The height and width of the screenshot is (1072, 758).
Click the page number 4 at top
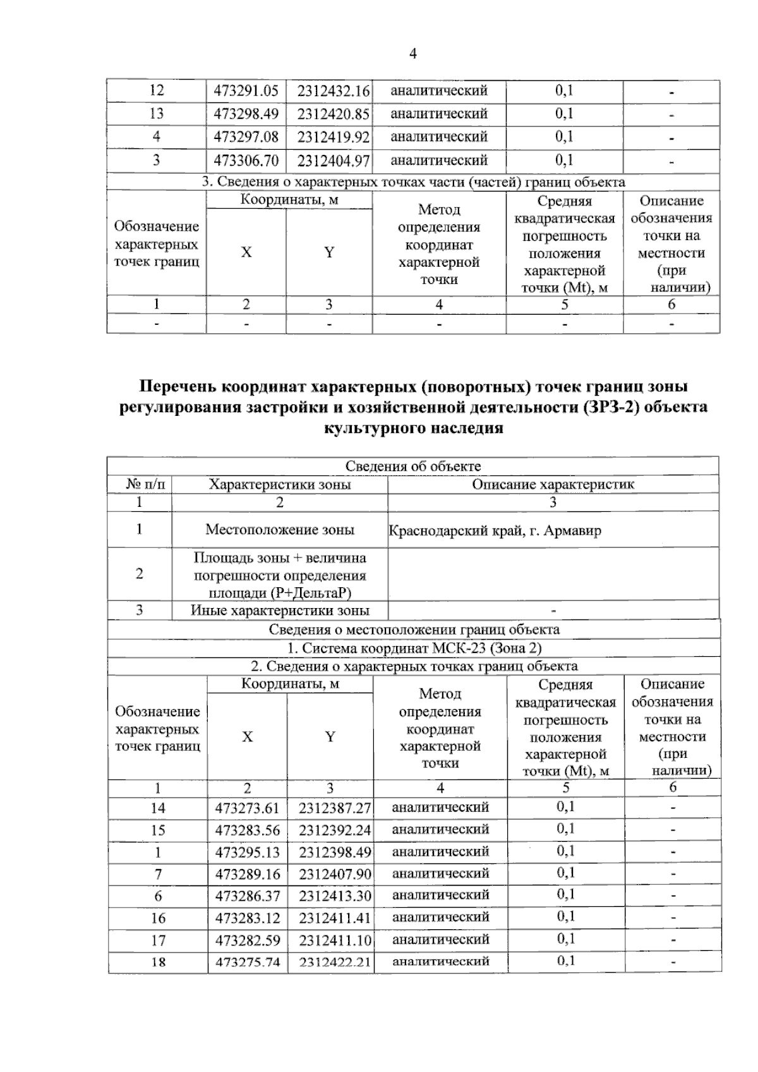[x=413, y=54]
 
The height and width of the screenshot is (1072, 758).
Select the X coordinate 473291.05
[x=246, y=91]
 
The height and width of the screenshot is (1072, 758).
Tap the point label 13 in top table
[x=156, y=114]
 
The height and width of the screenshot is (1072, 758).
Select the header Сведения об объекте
[x=413, y=466]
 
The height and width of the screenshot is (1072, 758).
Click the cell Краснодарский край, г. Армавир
[x=495, y=530]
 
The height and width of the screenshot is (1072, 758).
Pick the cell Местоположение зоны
[x=280, y=530]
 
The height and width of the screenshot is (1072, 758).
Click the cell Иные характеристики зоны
[x=280, y=611]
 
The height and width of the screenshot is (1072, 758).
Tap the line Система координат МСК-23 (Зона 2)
[x=414, y=648]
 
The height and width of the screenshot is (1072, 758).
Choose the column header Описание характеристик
[x=553, y=485]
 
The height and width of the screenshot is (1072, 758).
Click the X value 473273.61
[x=248, y=808]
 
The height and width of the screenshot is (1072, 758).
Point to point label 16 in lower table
[x=158, y=918]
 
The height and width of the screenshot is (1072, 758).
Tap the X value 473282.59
[x=248, y=940]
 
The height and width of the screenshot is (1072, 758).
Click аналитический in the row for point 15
[x=440, y=829]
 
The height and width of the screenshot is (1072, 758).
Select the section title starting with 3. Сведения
[x=413, y=182]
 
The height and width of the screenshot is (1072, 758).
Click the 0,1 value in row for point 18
[x=566, y=961]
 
